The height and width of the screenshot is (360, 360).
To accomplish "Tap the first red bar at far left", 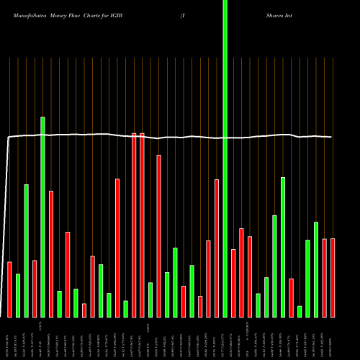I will pyautogui.click(x=9, y=289).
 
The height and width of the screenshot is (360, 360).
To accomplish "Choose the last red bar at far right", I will pyautogui.click(x=333, y=277).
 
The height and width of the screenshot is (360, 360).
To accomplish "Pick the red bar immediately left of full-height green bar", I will pyautogui.click(x=217, y=248).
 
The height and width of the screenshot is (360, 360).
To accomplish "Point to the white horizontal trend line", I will pyautogui.click(x=180, y=136).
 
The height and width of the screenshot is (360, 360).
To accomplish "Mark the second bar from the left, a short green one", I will pyautogui.click(x=18, y=295).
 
